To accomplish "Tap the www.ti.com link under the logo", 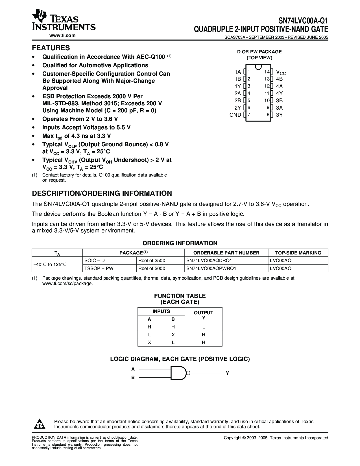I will click(62, 35).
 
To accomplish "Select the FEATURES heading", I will click(51, 48).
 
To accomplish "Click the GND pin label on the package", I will click(235, 115).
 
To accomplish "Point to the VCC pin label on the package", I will click(281, 72).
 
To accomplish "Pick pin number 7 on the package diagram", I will click(249, 115).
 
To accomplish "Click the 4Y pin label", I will click(279, 93).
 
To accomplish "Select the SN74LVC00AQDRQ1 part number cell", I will click(211, 260).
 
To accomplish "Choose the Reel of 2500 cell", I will click(152, 260).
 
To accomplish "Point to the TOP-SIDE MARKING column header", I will click(298, 253).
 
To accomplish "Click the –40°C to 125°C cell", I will click(50, 264).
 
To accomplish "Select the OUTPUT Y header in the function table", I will click(203, 315).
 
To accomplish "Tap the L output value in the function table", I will click(204, 327).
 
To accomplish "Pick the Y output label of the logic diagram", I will click(227, 373).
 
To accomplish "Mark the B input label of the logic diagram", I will click(133, 377).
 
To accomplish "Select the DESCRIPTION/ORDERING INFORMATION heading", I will click(102, 193).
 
